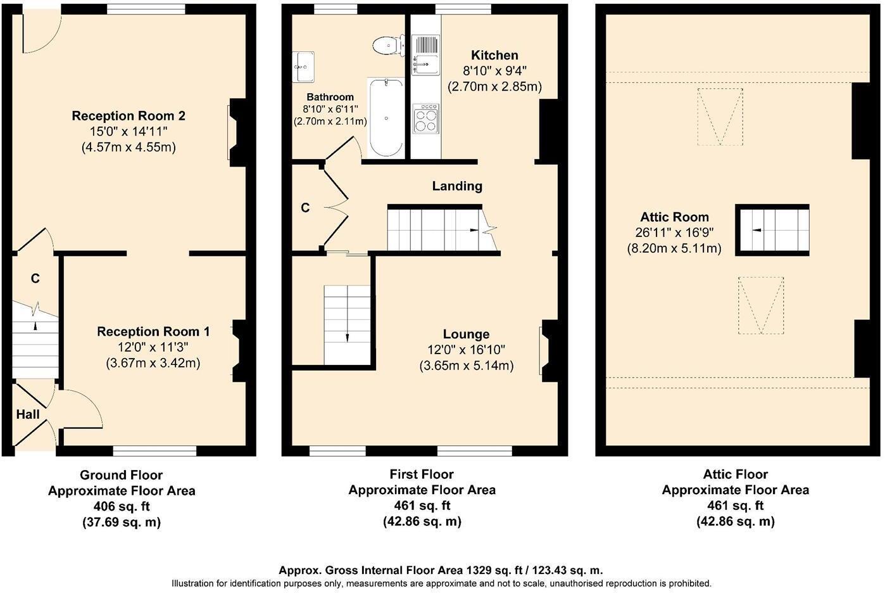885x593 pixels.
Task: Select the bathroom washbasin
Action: [x=304, y=66]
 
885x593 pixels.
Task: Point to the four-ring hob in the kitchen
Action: [x=425, y=118]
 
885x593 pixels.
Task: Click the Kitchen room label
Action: [x=494, y=56]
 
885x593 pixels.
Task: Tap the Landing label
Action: [x=457, y=186]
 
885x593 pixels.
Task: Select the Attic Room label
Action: [x=673, y=217]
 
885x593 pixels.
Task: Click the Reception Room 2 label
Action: [x=129, y=116]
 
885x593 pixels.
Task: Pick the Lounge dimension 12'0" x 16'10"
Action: [x=466, y=350]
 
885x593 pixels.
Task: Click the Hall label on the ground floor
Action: [x=27, y=415]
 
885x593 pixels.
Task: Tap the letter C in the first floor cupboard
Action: [x=305, y=208]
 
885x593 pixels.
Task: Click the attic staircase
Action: [x=772, y=230]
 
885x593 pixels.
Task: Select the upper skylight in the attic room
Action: [x=720, y=117]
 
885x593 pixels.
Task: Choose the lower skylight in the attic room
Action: [x=760, y=305]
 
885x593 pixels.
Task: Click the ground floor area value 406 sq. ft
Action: [x=122, y=507]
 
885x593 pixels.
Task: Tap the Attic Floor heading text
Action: [x=735, y=475]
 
